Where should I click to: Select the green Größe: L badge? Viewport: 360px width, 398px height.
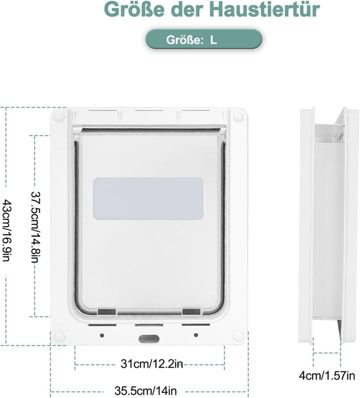(203, 39)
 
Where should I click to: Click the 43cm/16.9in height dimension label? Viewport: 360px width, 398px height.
(6, 230)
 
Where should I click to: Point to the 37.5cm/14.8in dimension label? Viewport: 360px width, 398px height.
(36, 227)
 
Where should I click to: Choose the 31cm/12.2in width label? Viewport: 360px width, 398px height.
(151, 363)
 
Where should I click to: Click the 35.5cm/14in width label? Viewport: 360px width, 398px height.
(145, 390)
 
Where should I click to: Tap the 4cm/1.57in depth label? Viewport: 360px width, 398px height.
(326, 375)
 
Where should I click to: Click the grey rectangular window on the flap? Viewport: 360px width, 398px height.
(148, 198)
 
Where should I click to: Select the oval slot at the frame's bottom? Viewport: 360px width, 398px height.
(149, 338)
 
